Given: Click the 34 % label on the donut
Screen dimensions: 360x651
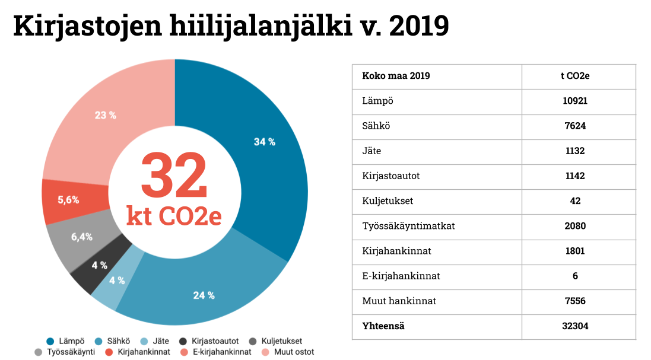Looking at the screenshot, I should click(265, 142).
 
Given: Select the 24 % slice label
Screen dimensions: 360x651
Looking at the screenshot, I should click(204, 295).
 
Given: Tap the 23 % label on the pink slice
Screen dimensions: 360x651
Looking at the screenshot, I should click(106, 115).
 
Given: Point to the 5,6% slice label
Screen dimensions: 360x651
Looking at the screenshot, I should click(68, 200).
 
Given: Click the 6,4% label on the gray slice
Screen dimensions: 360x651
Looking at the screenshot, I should click(82, 237).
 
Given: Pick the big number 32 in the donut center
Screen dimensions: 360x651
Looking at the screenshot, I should click(174, 176).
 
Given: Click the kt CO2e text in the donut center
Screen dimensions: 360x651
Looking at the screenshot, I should click(174, 216).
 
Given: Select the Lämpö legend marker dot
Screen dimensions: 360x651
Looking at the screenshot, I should click(50, 341).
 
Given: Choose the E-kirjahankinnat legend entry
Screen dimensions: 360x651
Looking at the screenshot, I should click(217, 352).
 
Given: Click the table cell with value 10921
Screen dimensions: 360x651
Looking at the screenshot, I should click(574, 101).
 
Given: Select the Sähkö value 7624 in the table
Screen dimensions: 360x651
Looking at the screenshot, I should click(574, 126).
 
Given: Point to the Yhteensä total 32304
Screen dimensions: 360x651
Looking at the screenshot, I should click(574, 326).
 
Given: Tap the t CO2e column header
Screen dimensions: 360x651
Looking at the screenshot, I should click(574, 76).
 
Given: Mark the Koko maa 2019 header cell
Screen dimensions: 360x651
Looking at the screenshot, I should click(396, 76).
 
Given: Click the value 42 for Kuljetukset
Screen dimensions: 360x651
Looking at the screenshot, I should click(574, 201).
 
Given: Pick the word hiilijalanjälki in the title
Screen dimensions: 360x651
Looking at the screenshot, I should click(264, 26).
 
